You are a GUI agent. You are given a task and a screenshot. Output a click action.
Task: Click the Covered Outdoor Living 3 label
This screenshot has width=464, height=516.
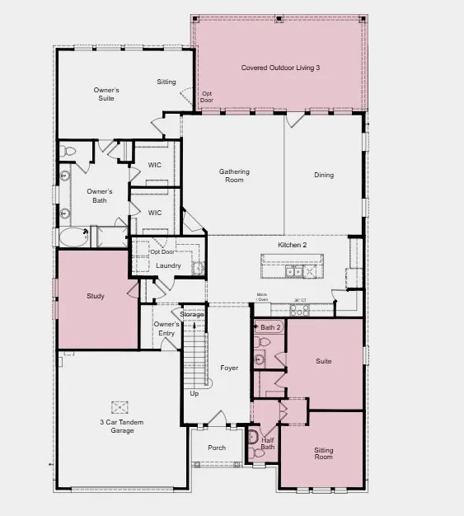280,68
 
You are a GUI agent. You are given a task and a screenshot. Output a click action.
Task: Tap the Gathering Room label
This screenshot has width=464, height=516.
234,176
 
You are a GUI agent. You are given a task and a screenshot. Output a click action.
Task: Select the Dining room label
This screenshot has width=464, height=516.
324,175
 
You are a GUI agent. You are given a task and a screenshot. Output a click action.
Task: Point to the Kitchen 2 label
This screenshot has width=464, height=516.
292,246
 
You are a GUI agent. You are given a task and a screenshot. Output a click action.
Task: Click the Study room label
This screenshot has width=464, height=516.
96,296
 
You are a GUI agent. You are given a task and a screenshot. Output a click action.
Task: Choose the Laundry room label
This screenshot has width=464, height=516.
168,265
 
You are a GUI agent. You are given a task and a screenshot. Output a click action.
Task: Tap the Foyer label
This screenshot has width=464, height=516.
229,368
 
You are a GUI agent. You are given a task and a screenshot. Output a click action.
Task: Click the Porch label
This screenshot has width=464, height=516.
217,448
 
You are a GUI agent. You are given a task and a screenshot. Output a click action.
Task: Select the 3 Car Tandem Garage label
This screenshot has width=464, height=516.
117,426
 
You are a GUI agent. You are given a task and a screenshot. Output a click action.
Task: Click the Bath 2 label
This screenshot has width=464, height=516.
271,328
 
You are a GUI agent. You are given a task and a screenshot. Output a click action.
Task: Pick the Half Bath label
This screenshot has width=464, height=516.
268,444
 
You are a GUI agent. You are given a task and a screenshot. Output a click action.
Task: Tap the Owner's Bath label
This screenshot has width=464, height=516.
97,195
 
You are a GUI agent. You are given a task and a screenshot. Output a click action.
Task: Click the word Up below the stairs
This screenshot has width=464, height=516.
195,394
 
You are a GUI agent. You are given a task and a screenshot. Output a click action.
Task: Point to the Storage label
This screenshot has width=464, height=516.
192,314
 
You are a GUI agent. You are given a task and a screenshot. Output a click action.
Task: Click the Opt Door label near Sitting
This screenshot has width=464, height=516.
207,96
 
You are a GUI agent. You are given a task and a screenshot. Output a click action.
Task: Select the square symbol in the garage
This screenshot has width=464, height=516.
121,406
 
